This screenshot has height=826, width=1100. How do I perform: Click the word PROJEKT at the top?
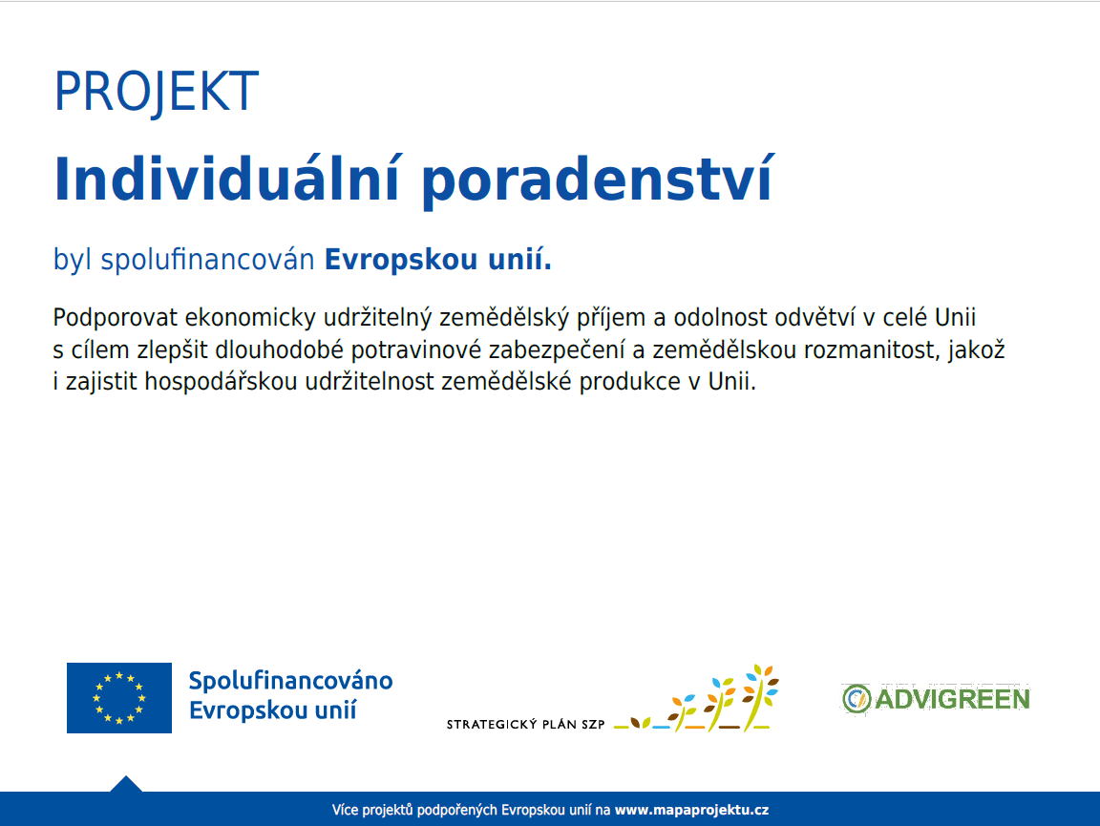coord(156,92)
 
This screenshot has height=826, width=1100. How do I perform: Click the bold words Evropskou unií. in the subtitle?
coord(438,260)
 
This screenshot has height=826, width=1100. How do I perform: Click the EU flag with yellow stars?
coord(119,698)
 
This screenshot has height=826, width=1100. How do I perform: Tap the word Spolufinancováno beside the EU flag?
coord(290,681)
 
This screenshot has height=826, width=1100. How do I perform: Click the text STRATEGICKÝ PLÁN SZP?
coord(525,725)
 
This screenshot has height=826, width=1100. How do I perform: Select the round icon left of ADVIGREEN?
coord(856,699)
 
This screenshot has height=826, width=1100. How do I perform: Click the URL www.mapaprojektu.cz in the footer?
coord(691,810)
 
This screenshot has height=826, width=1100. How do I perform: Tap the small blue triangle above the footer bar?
coord(126,783)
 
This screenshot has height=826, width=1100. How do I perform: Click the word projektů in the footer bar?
coord(391,810)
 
